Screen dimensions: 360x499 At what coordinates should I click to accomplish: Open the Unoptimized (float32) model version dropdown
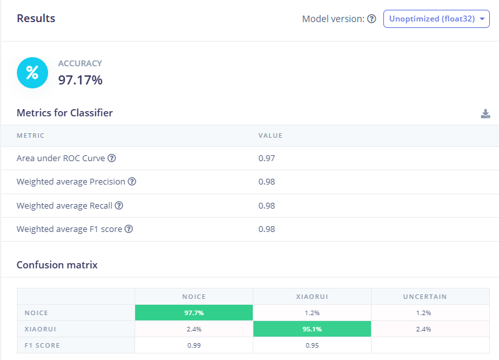436,19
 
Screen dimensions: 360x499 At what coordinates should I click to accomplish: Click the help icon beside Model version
372,19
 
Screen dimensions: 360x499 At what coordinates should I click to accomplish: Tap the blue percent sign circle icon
32,72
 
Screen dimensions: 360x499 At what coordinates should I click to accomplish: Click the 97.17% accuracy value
81,80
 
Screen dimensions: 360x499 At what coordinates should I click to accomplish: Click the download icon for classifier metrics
485,114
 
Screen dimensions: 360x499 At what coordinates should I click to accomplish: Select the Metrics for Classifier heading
64,113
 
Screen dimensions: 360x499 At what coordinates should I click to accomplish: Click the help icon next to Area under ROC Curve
112,158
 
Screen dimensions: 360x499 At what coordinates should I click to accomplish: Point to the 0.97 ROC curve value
266,158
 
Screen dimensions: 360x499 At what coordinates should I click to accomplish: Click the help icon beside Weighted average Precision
132,182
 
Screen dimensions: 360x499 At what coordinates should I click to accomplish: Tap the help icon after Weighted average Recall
119,205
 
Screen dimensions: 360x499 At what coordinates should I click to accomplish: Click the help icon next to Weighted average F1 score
129,229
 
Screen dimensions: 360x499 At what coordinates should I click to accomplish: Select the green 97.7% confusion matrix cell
194,313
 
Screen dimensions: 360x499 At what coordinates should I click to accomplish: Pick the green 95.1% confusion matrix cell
312,329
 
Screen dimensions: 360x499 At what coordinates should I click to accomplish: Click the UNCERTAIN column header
430,296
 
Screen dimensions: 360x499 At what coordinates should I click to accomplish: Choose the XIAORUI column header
312,296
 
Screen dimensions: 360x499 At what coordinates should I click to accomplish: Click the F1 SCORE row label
43,345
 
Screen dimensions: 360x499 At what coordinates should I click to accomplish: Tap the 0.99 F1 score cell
194,345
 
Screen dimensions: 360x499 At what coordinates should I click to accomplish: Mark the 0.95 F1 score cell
312,345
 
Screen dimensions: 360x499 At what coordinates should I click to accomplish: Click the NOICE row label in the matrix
36,313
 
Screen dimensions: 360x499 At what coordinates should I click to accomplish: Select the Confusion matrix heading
57,265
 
